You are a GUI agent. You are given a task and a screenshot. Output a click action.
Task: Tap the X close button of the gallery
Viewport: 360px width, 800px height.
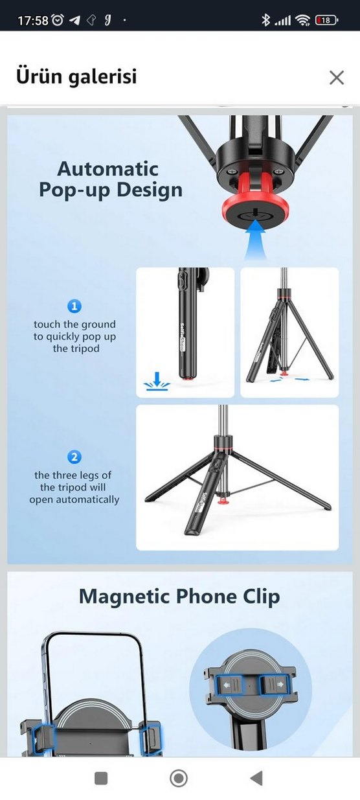point(336,78)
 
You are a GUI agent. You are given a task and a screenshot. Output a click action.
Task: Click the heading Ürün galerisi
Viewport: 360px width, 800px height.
point(76,76)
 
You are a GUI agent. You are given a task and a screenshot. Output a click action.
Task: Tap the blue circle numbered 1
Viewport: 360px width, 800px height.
point(75,306)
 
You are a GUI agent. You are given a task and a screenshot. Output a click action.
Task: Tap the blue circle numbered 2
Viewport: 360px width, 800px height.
point(75,457)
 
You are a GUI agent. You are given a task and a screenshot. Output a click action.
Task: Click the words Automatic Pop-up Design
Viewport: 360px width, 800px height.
point(110,179)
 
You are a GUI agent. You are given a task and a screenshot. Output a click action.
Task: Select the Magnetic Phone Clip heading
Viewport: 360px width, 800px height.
point(179,596)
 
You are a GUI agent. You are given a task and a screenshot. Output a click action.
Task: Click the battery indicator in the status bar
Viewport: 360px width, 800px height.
point(326,20)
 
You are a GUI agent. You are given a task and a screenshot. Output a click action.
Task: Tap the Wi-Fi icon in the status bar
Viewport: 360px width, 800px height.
point(302,20)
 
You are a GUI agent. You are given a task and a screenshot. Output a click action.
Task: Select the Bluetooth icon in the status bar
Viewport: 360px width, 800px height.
point(265,20)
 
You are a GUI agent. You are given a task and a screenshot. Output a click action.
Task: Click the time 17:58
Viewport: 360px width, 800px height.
point(32,21)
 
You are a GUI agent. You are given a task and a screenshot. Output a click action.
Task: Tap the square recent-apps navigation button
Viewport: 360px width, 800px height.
point(101,778)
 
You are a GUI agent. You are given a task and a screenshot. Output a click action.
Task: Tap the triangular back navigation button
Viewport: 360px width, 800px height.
point(256,778)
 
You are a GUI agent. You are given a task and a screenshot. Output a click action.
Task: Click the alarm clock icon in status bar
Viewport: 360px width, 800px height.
point(58,20)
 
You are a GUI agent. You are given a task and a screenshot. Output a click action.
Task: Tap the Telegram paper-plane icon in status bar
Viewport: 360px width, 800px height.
point(74,20)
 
